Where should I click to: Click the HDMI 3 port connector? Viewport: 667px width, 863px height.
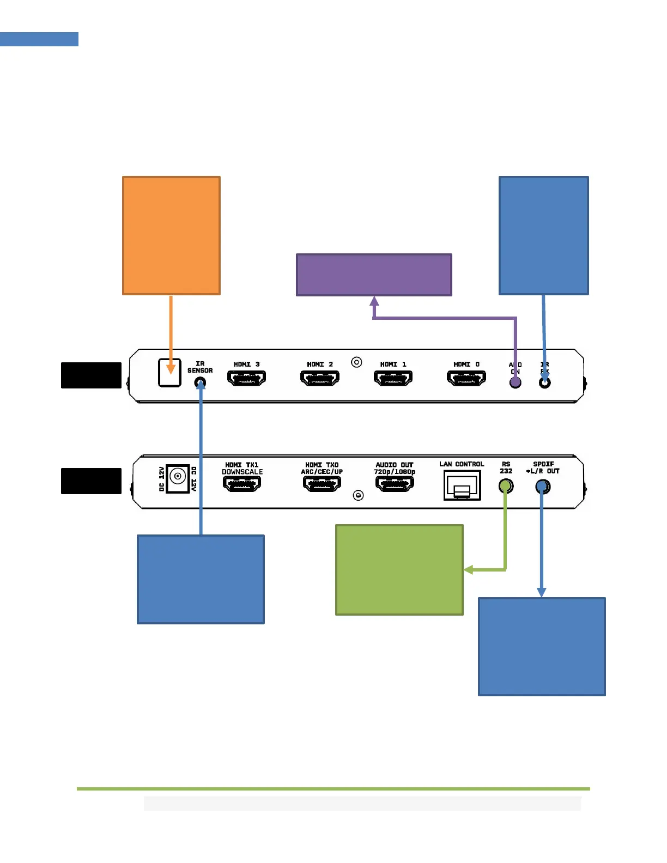click(246, 378)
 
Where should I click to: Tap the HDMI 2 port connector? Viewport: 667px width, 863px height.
click(320, 378)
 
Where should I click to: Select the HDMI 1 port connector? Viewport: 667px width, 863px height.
click(393, 378)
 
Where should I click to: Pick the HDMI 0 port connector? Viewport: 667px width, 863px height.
click(466, 378)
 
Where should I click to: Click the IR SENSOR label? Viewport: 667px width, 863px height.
click(200, 367)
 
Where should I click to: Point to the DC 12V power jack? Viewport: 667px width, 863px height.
click(177, 478)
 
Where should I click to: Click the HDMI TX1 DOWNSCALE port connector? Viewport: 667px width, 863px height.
click(242, 483)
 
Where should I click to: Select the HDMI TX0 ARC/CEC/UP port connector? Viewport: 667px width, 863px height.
click(322, 483)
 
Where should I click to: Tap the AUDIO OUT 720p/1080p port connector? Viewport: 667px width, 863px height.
click(395, 483)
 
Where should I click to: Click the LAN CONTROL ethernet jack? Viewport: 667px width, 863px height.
click(462, 485)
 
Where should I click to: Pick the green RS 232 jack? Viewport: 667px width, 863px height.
click(506, 485)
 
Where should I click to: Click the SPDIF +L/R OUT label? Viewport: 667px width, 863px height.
click(543, 467)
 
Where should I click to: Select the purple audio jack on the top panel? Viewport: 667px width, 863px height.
click(515, 382)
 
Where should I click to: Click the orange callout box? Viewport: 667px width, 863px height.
click(171, 235)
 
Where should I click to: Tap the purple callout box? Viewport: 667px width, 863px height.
click(374, 275)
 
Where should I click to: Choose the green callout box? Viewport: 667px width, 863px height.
click(399, 570)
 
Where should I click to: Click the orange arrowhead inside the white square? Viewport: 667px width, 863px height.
click(171, 369)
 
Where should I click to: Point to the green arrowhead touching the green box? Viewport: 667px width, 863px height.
click(468, 570)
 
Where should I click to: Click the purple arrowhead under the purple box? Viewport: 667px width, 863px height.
click(374, 301)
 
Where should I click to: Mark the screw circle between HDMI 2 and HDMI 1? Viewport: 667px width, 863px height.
click(356, 362)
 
